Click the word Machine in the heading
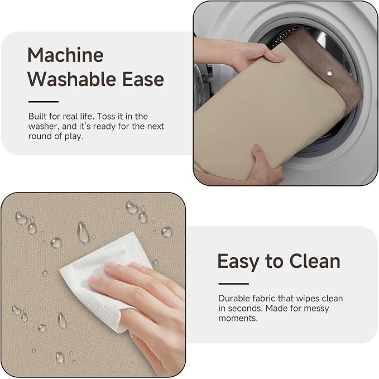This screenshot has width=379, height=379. (65, 55)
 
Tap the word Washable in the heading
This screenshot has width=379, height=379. (73, 79)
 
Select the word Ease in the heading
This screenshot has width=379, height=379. (143, 79)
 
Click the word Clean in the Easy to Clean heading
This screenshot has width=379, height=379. (315, 261)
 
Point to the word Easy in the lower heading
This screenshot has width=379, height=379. (238, 262)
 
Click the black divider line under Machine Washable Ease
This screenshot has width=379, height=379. (44, 102)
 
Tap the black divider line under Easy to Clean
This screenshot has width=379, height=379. (233, 284)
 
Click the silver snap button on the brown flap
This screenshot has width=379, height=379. (329, 73)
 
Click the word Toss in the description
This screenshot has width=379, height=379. (106, 116)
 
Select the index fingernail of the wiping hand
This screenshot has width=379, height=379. (112, 265)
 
